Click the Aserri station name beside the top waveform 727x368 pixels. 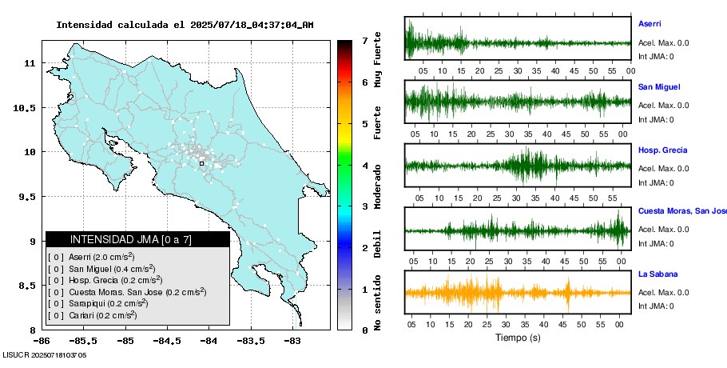click(650, 24)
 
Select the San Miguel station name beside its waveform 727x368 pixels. click(659, 86)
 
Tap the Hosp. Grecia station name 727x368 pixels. click(662, 150)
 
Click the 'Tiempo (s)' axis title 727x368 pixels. click(518, 338)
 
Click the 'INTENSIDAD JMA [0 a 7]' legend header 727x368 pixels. click(137, 239)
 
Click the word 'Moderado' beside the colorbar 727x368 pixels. click(378, 185)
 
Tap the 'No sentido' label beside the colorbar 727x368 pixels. click(378, 306)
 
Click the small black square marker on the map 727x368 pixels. click(201, 163)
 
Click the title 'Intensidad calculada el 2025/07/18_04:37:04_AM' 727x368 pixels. click(185, 25)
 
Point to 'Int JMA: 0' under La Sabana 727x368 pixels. click(656, 306)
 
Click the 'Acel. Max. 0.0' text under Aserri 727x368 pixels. click(663, 42)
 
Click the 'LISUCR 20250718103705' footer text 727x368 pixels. click(45, 354)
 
